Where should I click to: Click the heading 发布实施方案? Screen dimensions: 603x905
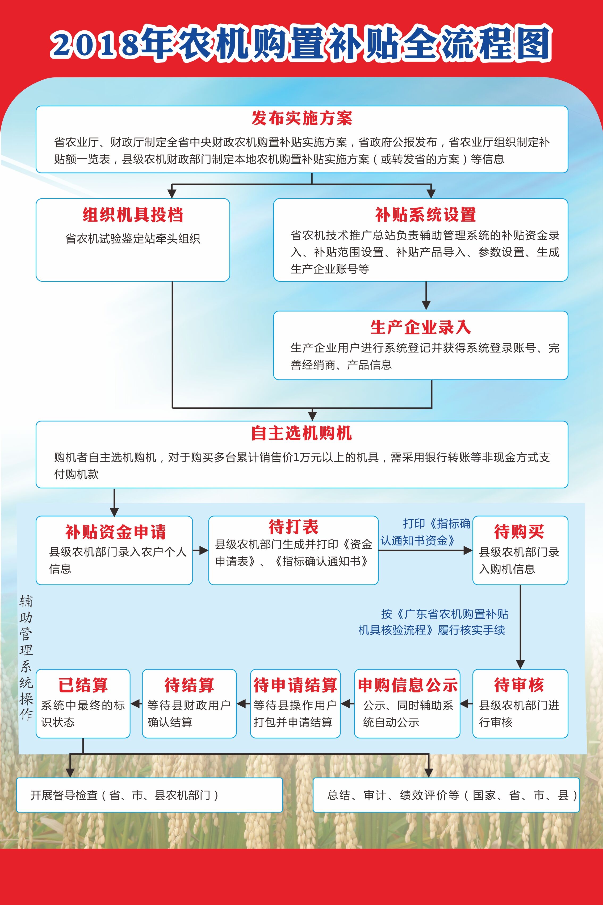[302, 118]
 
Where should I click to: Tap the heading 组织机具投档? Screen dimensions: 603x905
[133, 215]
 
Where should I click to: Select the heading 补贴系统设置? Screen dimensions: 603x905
[426, 215]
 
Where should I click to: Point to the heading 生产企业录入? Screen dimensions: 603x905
[421, 327]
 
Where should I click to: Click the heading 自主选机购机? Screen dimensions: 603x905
[301, 433]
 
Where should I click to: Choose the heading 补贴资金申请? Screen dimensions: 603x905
[115, 532]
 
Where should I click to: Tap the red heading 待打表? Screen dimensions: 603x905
[294, 527]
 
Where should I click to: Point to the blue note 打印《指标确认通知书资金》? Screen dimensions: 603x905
[425, 532]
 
